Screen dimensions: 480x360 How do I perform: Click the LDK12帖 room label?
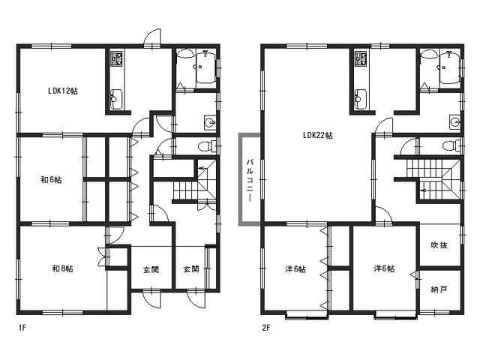63,91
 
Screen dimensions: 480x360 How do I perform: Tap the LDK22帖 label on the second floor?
318,135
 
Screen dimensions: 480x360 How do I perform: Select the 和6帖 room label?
52,180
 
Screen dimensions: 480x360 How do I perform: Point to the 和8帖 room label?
63,268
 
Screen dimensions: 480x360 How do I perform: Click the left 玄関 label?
151,270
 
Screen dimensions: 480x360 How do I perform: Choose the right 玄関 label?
191,269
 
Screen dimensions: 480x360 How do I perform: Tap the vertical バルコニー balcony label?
250,181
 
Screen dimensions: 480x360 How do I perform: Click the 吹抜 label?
439,245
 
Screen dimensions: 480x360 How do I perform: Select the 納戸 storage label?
439,289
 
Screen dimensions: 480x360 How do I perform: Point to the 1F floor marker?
22,328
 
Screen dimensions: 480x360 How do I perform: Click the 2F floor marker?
266,328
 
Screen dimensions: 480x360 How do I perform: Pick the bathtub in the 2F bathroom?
450,67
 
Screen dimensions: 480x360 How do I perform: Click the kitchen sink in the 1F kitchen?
117,99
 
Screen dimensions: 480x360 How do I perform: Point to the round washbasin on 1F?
210,122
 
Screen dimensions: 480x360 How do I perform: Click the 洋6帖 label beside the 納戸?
384,268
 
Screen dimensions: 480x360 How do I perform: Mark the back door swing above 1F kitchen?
152,37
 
